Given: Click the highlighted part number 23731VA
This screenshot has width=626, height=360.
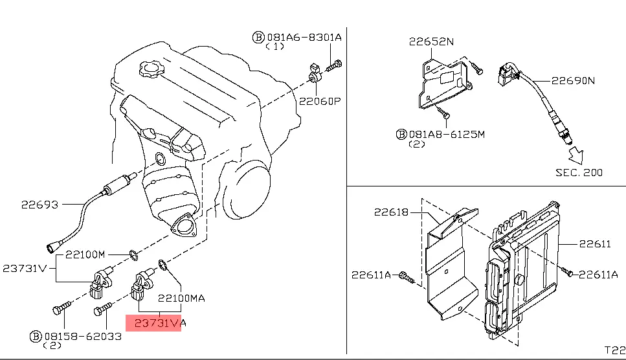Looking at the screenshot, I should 153,322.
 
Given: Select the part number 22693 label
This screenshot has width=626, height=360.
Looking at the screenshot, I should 39,205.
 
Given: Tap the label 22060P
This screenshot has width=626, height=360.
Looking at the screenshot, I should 319,101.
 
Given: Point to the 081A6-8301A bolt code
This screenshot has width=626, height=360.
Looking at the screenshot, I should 304,38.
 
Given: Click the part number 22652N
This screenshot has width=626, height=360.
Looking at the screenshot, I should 431,42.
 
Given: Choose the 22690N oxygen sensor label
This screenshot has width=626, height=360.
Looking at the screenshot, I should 572,81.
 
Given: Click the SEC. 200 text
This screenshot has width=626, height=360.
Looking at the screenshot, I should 579,172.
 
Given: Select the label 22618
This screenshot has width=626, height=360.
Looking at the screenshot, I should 391,212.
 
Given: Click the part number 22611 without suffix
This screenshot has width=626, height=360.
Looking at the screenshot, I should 595,244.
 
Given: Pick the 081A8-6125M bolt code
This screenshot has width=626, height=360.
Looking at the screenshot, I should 447,134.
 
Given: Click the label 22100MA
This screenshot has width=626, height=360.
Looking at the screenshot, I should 182,298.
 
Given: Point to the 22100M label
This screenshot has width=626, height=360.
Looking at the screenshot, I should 87,254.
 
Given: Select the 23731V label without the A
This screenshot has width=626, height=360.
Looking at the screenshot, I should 25,268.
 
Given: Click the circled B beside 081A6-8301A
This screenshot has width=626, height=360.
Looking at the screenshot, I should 258,38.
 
